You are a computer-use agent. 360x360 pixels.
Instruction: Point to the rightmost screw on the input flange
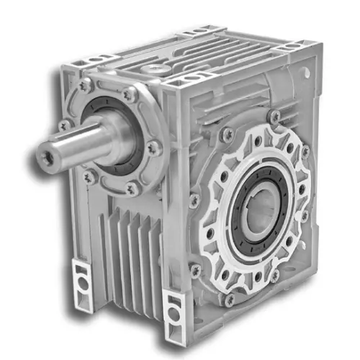click(153, 147)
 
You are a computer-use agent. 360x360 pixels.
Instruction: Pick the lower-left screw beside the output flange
click(195, 269)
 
